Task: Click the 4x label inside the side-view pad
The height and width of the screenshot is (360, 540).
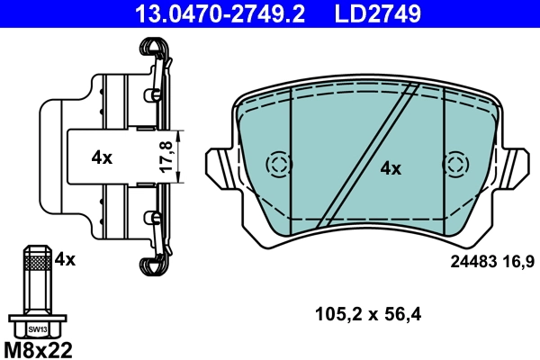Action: [102, 157]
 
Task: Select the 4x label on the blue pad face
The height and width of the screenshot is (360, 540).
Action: [390, 167]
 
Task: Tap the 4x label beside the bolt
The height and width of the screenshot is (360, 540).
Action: [65, 259]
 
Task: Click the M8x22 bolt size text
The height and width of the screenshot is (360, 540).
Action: [40, 348]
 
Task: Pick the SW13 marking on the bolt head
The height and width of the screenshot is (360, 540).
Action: [37, 329]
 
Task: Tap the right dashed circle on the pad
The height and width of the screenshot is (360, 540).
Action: [457, 165]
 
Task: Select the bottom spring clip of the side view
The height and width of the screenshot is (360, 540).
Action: [154, 261]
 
